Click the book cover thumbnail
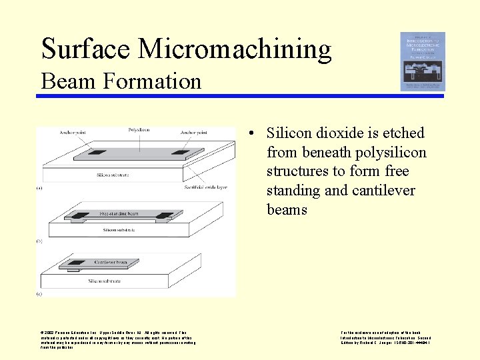[x=423, y=61]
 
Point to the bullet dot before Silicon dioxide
[x=248, y=133]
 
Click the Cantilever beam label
[x=111, y=262]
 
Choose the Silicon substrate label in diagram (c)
[x=107, y=281]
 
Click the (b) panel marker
[x=39, y=241]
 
